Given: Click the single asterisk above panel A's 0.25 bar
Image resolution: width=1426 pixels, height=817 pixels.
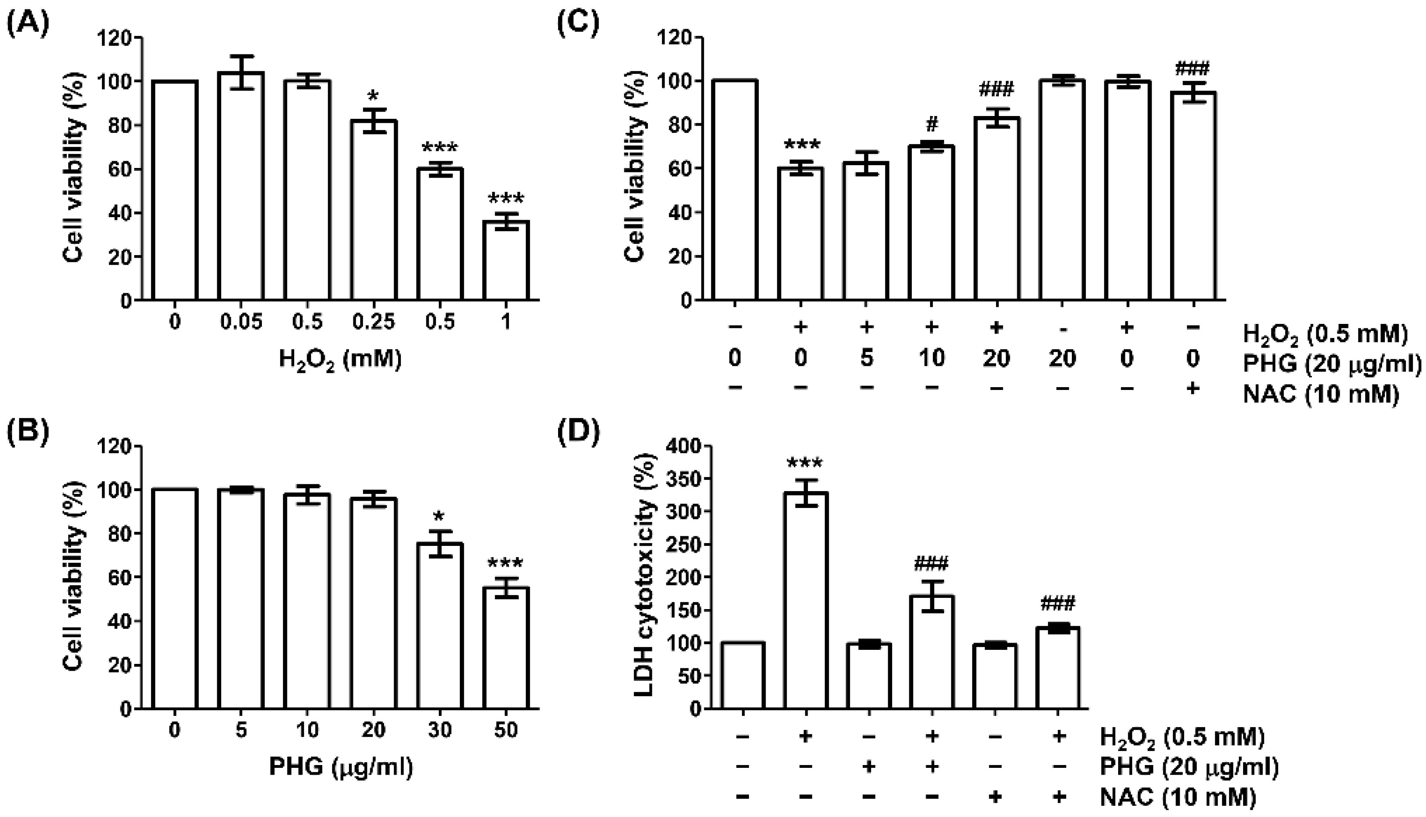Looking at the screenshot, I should point(373,94).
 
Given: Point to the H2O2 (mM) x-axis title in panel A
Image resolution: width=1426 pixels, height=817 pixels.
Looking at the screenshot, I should point(340,359).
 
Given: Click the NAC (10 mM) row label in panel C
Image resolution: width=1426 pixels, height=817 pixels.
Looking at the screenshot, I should point(1320,394).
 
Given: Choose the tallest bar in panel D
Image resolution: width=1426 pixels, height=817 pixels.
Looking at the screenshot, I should point(806,600).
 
